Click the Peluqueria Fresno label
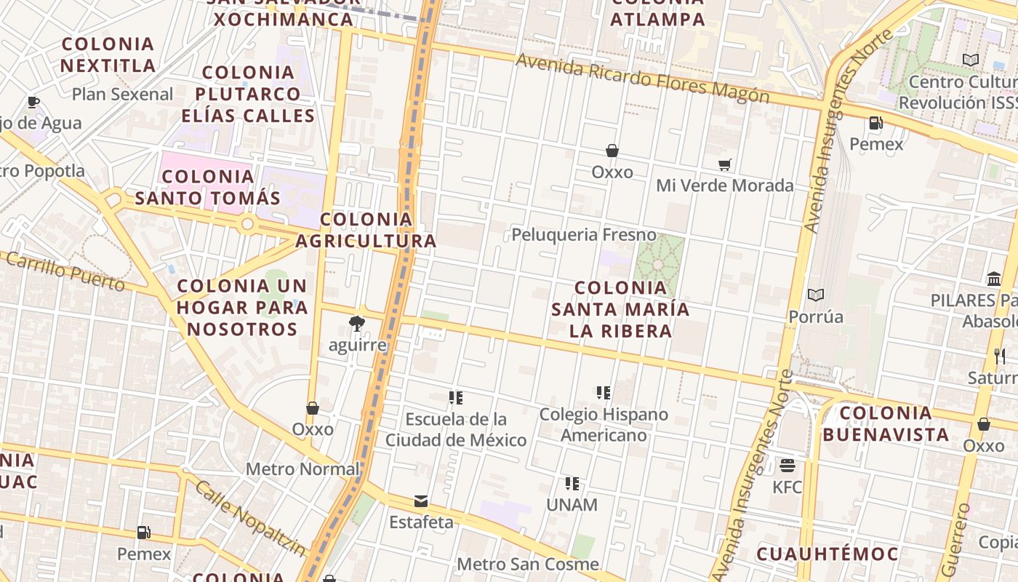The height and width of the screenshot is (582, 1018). (584, 235)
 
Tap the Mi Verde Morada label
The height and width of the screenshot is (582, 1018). (724, 186)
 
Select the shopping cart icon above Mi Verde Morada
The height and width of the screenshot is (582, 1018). (724, 165)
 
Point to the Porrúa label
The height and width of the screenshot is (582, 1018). (816, 316)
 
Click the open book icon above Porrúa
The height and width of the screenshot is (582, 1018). (816, 295)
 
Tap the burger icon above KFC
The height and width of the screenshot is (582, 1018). (787, 465)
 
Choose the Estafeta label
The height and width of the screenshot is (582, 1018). (421, 522)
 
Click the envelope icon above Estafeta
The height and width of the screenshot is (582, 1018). (421, 501)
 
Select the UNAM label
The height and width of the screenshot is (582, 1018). (572, 505)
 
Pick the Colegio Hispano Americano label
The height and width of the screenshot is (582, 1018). (604, 425)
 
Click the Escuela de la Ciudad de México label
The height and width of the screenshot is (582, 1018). (456, 430)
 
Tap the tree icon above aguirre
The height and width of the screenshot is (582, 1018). (356, 323)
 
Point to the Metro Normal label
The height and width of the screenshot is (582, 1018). (302, 469)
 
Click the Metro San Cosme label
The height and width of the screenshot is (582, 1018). (528, 564)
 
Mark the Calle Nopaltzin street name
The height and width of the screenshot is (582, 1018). (250, 518)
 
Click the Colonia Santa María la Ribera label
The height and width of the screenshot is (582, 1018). (620, 309)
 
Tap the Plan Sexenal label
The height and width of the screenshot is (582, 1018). (123, 94)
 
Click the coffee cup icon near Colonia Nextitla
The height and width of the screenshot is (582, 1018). (33, 102)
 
